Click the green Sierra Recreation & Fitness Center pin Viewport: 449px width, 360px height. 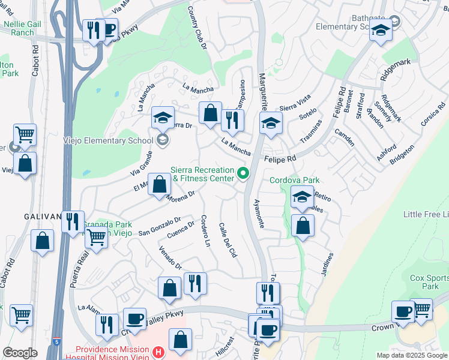(x=243, y=174)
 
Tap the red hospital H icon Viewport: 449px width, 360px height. (x=158, y=352)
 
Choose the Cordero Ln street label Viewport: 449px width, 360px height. (x=205, y=233)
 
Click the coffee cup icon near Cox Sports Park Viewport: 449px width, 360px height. (x=402, y=312)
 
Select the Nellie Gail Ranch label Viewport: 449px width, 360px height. (x=18, y=28)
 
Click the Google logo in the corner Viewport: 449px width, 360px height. (x=20, y=352)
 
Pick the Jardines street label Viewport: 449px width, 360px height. (x=327, y=265)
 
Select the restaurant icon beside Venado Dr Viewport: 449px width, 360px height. (x=194, y=283)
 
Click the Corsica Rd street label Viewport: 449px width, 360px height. (x=433, y=112)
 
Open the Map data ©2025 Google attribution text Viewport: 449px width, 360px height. (x=411, y=355)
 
